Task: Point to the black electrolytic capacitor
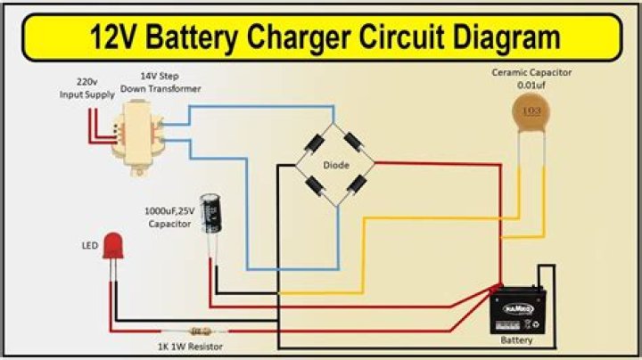tap(210, 215)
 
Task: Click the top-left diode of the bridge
tap(315, 143)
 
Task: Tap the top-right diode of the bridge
tap(355, 143)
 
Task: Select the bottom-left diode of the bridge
tap(315, 185)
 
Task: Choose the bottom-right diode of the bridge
tap(356, 185)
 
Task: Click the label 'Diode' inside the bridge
tap(335, 165)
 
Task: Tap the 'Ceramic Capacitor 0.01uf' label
tap(531, 78)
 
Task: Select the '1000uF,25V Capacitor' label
tap(168, 218)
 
